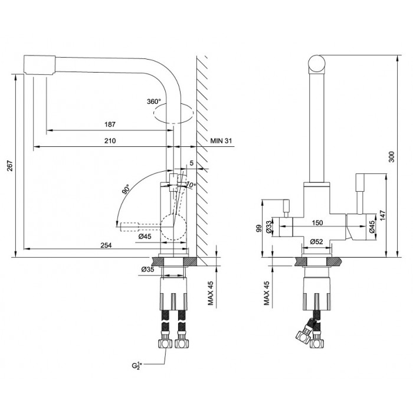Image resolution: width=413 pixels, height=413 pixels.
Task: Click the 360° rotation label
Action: point(154,101)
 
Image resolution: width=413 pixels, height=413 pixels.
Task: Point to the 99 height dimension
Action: point(258,228)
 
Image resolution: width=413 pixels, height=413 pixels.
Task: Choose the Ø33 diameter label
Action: point(269,226)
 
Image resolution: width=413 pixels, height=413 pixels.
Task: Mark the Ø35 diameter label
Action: point(147,270)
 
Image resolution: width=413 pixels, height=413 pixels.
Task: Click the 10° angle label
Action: point(190,186)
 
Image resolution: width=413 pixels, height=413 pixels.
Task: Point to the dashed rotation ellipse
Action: point(172,113)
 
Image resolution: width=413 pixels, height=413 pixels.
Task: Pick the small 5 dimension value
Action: point(191,164)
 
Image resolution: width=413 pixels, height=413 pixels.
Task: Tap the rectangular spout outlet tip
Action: point(39,64)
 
